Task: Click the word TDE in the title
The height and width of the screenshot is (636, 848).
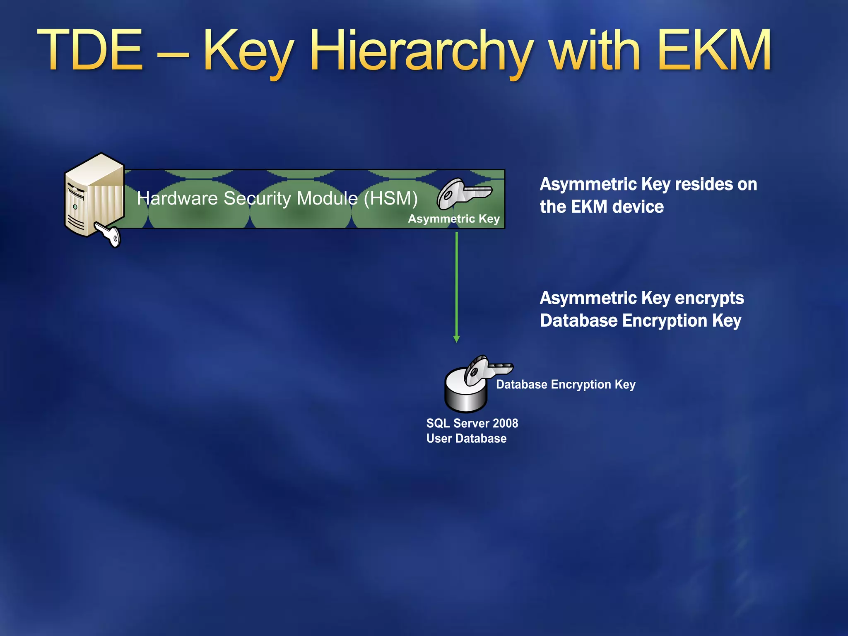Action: pos(91,51)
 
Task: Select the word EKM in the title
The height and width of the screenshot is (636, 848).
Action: pos(714,51)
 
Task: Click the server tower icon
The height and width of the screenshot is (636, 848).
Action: pos(94,195)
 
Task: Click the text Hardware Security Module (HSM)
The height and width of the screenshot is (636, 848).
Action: pos(277,198)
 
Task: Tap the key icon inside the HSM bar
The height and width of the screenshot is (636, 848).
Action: pos(463,193)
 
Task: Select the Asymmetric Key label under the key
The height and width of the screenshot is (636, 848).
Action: pos(454,219)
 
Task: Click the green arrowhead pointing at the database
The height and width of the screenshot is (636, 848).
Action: pos(456,339)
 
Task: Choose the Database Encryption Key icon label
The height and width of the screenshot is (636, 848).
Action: pos(566,385)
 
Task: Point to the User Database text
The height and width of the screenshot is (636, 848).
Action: pos(466,438)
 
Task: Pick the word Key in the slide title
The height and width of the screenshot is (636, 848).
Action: pos(248,52)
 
